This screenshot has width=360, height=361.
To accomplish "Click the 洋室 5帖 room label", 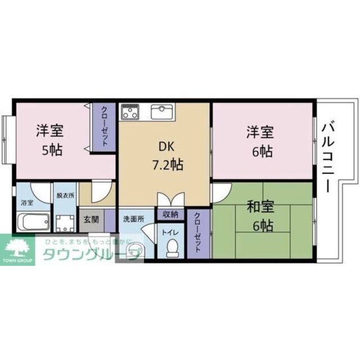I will (49, 140).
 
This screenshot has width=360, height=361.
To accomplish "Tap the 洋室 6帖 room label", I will (260, 141).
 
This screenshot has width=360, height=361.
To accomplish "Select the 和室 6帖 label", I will (260, 216).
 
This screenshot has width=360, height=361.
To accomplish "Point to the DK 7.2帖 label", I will (166, 155).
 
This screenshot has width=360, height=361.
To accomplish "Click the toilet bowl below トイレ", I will (172, 246).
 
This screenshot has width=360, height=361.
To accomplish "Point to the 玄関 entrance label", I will (91, 219).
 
